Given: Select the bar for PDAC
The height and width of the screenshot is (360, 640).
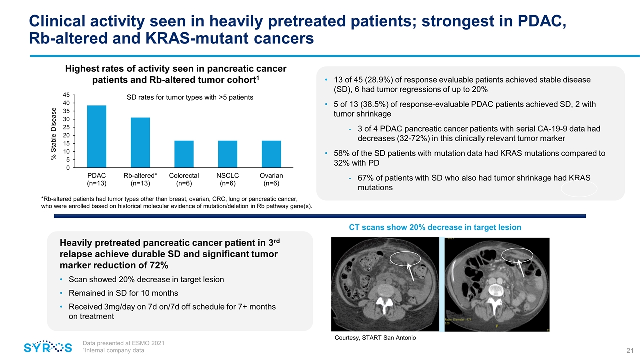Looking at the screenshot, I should (96, 136).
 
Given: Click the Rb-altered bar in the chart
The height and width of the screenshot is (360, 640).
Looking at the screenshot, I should (140, 143).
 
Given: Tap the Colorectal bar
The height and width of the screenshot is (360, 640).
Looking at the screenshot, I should (184, 154).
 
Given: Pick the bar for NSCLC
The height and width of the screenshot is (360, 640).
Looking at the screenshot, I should (228, 154).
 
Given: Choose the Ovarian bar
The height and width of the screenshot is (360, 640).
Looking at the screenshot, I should (271, 154).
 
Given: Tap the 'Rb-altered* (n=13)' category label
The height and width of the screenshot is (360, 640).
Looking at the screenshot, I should (140, 179).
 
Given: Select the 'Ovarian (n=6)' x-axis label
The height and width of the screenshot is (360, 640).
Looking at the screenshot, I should (271, 179).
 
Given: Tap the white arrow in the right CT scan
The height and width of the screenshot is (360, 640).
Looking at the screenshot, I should (521, 267).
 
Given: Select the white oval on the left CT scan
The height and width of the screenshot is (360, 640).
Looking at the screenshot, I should (406, 259).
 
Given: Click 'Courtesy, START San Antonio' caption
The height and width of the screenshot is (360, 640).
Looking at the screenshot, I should (374, 338).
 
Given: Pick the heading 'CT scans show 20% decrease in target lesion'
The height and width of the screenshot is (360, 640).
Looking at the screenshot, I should (434, 227).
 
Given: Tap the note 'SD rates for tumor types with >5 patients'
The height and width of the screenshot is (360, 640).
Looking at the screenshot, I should (190, 97).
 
